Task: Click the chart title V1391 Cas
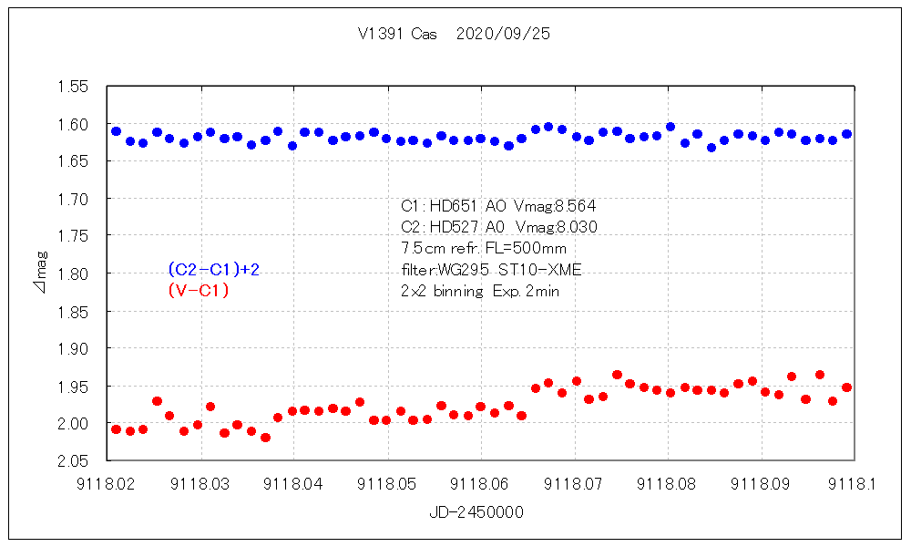398,34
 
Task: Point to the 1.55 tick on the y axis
73,87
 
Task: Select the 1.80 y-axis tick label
73,273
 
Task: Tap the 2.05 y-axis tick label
73,460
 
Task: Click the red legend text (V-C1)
198,291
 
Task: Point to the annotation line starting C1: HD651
498,206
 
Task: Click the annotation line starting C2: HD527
498,227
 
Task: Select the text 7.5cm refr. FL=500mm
483,248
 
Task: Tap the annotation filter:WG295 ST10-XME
491,270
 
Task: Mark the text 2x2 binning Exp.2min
480,292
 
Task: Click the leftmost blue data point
116,131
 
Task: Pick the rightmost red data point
846,387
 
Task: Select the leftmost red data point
116,429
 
